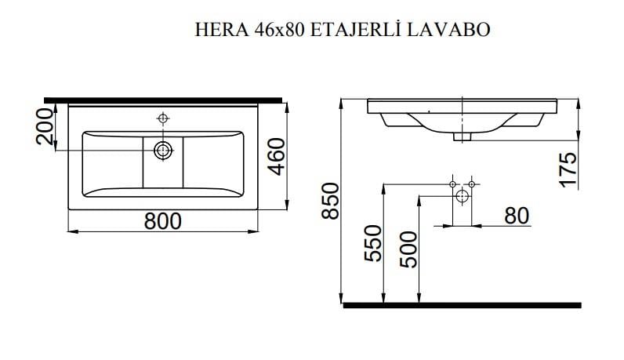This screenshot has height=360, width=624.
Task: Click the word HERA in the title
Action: [x=216, y=30]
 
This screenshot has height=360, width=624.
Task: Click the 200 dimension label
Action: [x=45, y=128]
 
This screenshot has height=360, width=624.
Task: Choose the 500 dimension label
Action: [x=407, y=249]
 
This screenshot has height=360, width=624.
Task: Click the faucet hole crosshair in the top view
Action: [x=163, y=118]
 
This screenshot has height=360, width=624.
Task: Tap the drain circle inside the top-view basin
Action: [x=163, y=150]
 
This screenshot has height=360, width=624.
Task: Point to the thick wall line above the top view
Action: [x=163, y=100]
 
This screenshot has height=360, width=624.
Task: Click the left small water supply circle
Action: [x=453, y=184]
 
